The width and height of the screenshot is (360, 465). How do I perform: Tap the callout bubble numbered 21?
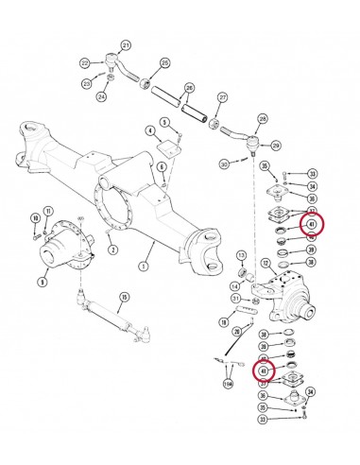coord(128,44)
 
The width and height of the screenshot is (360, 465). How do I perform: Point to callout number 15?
coord(124,297)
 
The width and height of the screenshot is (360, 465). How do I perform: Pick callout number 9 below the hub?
coord(42,281)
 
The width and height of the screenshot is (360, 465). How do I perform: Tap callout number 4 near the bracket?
coord(149,129)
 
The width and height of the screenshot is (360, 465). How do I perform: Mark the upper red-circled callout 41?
coord(310,224)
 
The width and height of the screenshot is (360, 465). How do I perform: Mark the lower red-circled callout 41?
coord(266,371)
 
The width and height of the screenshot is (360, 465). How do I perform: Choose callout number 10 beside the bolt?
coord(35,218)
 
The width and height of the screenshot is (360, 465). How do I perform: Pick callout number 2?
coord(113,250)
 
